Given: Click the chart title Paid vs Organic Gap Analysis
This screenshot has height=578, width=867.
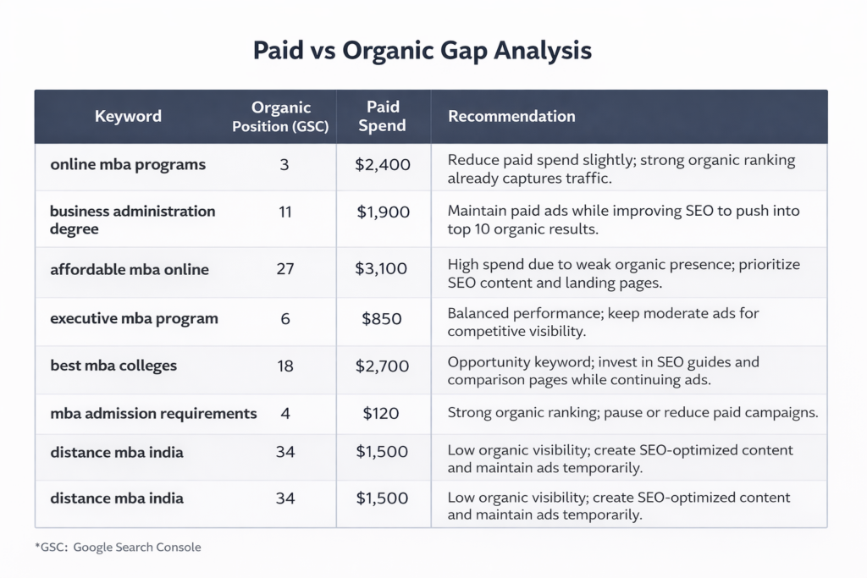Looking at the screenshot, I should (422, 50).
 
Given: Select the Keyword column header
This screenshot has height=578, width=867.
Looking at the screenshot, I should (128, 117).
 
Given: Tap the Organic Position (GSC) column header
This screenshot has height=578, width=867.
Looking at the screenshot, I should (281, 117).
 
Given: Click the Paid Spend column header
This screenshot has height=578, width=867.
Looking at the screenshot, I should (383, 117).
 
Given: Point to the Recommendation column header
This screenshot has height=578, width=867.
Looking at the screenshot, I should (511, 117).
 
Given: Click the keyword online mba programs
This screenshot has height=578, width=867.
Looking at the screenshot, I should (128, 165).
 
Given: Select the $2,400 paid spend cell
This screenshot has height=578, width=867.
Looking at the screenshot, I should (383, 165).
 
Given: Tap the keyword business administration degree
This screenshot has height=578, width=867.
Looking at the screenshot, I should (132, 219).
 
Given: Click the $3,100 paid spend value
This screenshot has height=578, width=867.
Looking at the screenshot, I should (383, 270).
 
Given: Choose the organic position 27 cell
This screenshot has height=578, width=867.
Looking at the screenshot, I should (284, 270).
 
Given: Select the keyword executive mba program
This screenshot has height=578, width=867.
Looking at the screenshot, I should (134, 319).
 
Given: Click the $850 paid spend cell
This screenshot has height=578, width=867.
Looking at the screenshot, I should (383, 319).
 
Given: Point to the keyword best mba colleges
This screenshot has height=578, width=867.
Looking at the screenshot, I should (113, 366).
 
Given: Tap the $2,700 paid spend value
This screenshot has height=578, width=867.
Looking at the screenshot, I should (383, 366).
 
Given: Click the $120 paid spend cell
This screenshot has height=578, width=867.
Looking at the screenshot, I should (381, 414).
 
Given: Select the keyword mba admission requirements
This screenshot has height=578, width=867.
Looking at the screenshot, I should (153, 414).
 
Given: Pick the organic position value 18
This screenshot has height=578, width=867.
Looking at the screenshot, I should (284, 366).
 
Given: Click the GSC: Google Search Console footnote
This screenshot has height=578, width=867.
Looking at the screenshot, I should (119, 548).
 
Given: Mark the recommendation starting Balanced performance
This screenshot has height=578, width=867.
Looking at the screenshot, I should (603, 322).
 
